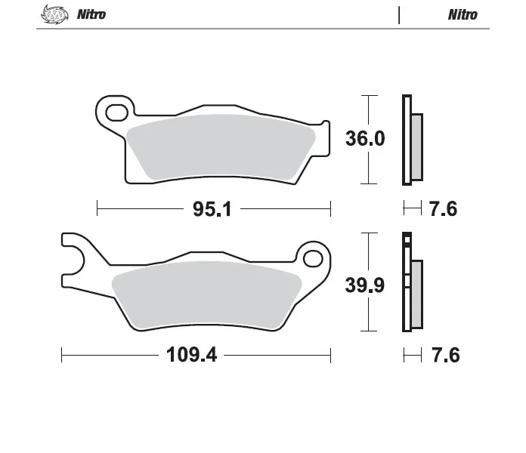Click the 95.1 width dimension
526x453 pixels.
click(x=212, y=209)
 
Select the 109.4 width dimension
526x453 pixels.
click(x=191, y=355)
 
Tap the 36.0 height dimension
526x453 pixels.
click(x=365, y=138)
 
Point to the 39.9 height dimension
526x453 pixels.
click(x=365, y=285)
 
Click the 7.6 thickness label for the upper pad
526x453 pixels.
click(x=443, y=209)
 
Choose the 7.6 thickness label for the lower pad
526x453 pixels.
click(x=445, y=355)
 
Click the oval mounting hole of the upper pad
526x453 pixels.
click(x=116, y=112)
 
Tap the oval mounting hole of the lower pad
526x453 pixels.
click(x=313, y=258)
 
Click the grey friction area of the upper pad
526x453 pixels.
click(x=221, y=146)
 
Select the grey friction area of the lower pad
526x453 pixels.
click(x=206, y=294)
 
